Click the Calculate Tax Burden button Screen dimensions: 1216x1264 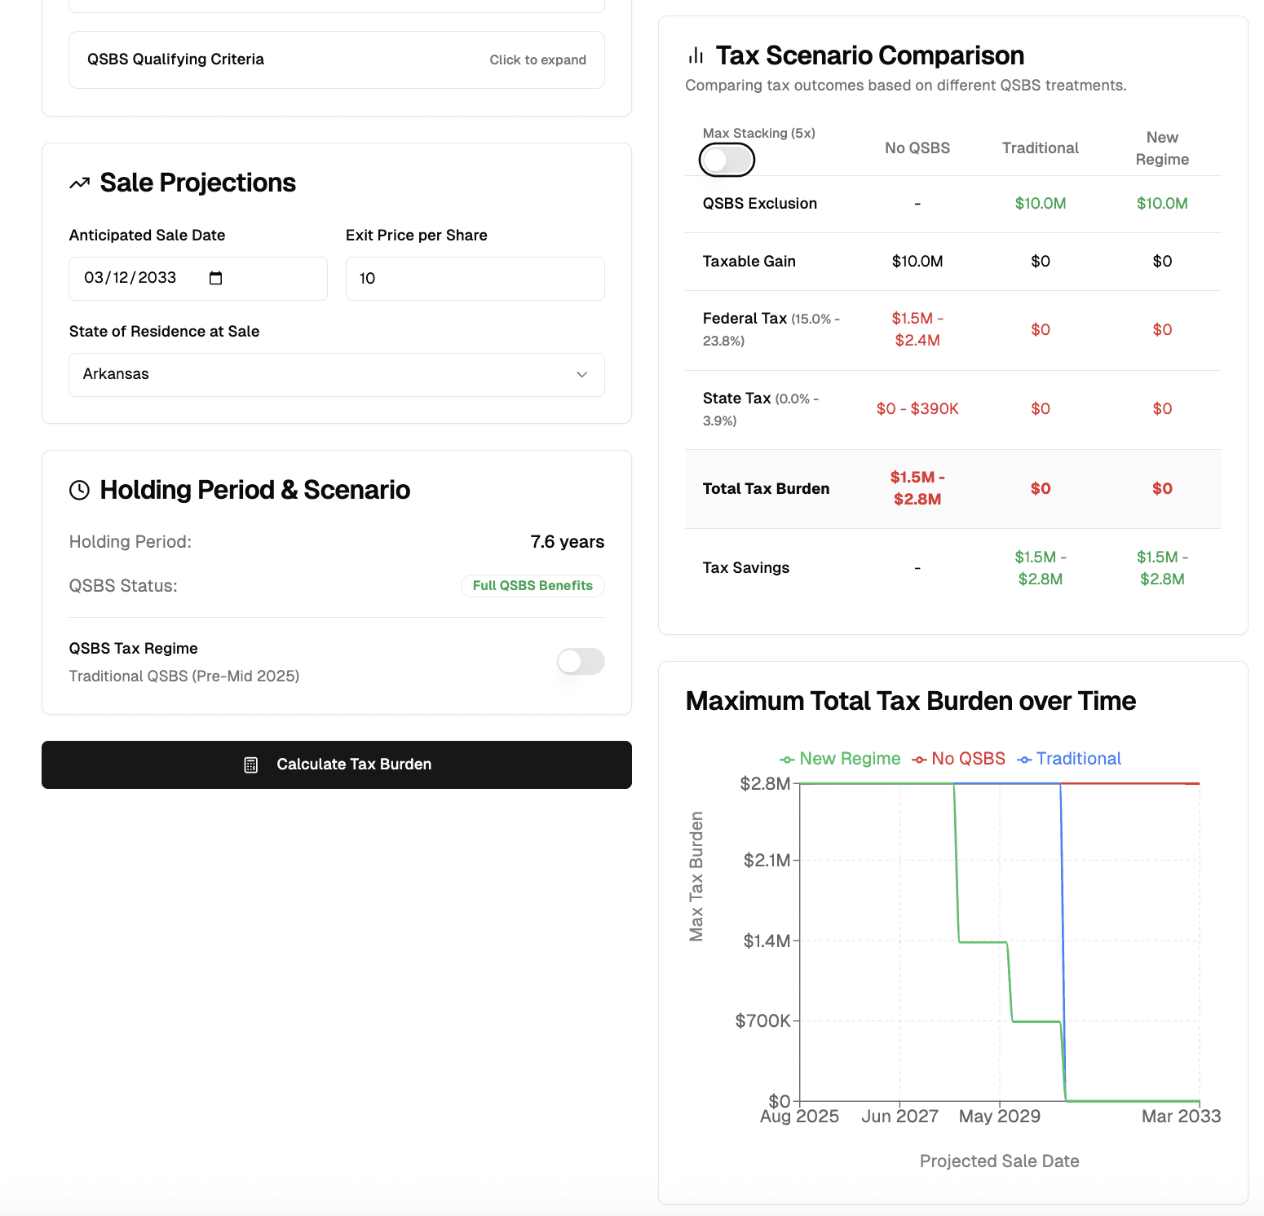click(336, 764)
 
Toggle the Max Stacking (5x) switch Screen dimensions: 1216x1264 click(727, 160)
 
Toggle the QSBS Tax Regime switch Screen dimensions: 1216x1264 click(581, 661)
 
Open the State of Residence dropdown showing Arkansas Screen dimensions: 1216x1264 click(336, 375)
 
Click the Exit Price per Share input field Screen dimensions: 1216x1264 click(475, 279)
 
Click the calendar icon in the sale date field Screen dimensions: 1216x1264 click(216, 279)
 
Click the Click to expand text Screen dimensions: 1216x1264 click(537, 60)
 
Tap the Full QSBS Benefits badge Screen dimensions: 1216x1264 click(533, 586)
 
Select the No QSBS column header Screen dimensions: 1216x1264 click(917, 148)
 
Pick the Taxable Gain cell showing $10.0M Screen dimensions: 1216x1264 click(917, 262)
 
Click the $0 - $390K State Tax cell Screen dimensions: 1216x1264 click(917, 409)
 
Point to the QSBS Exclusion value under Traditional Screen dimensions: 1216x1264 click(1040, 204)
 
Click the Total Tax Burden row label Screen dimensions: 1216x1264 click(766, 489)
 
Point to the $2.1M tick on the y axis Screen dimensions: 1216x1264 click(766, 861)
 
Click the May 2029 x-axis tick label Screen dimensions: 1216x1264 click(1000, 1117)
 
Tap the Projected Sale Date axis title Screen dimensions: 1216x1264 click(999, 1161)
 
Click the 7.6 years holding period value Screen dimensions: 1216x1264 click(567, 542)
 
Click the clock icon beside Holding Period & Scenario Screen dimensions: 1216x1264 click(79, 490)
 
